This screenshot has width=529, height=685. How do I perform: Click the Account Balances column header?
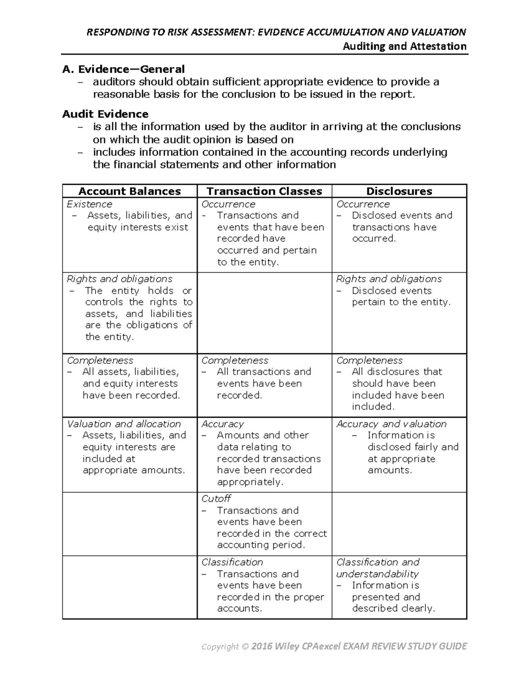click(130, 191)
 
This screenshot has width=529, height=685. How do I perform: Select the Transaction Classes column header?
click(264, 191)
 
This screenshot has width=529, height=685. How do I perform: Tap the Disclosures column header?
click(399, 191)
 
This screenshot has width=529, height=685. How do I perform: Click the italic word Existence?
click(89, 204)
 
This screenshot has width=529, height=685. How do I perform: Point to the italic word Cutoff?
click(216, 498)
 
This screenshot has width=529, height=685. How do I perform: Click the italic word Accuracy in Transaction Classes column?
click(223, 424)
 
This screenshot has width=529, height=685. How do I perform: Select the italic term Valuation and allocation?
click(124, 424)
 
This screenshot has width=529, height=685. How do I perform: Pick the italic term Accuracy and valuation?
click(391, 424)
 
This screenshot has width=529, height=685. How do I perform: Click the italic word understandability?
click(377, 574)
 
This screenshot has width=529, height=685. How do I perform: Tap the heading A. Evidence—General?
click(123, 69)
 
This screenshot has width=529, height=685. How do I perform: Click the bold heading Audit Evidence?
click(105, 114)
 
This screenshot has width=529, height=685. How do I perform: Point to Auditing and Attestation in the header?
click(405, 46)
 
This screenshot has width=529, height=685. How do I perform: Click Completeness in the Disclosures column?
click(369, 360)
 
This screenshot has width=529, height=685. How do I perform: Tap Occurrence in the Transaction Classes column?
click(228, 204)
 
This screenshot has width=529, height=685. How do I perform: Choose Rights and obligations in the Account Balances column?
click(119, 279)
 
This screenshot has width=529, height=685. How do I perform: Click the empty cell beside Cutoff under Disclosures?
click(399, 524)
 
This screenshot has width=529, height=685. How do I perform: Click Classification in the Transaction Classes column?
click(232, 562)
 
